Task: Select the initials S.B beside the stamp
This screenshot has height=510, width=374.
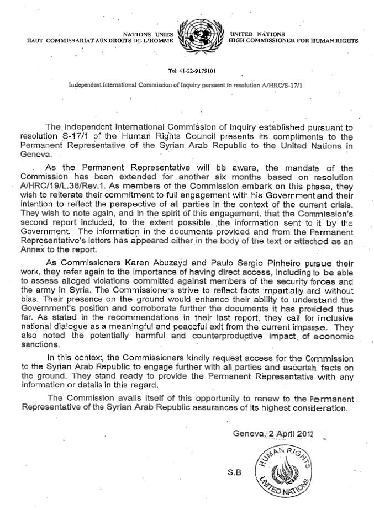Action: (x=234, y=473)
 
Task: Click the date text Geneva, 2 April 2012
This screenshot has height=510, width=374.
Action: (x=273, y=434)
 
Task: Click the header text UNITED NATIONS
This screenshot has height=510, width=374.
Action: (x=257, y=34)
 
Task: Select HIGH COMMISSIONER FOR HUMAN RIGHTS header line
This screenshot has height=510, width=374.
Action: (x=293, y=41)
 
